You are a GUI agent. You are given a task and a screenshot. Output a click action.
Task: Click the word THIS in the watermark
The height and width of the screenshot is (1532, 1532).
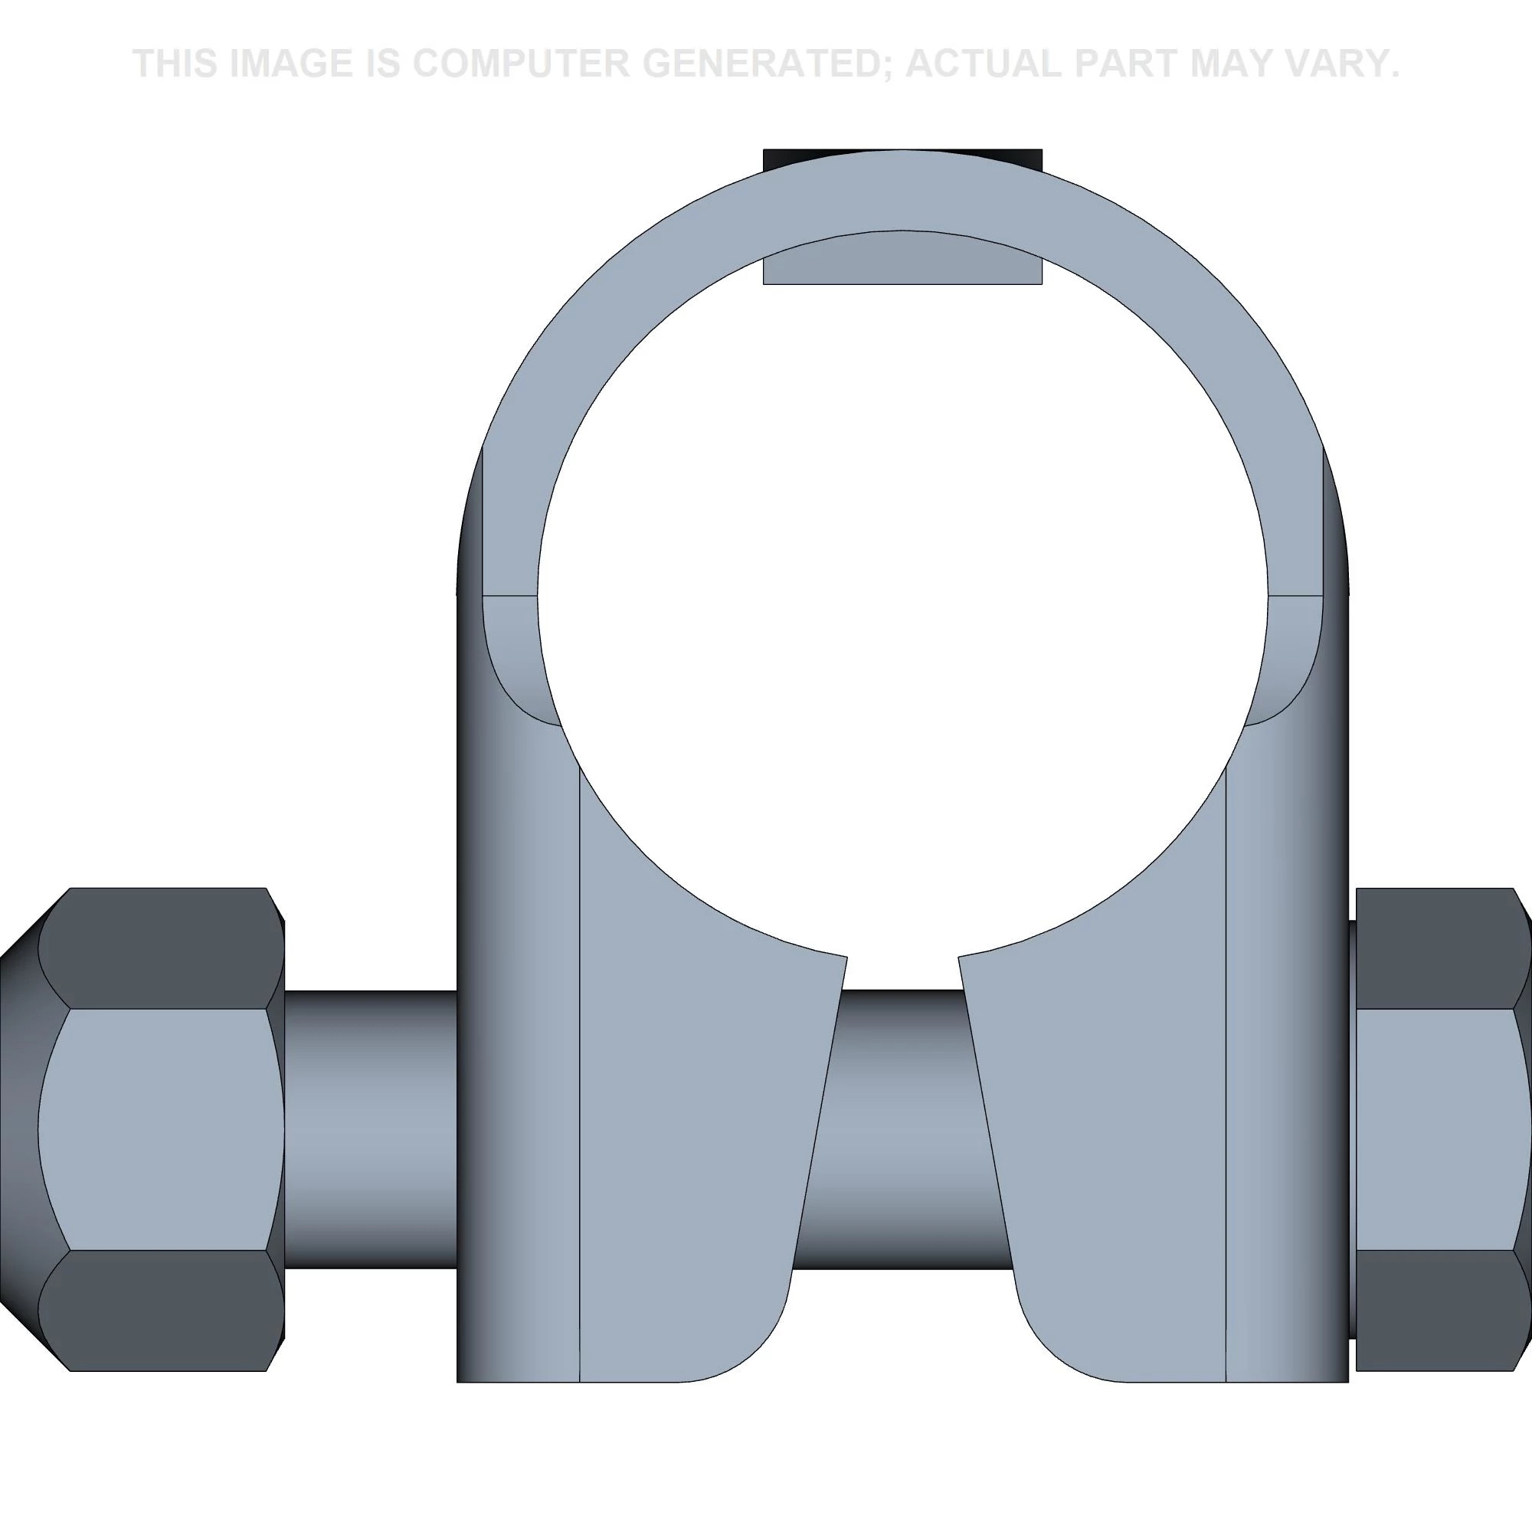[175, 64]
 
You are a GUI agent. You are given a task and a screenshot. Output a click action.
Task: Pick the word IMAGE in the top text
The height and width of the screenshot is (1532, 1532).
[290, 64]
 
